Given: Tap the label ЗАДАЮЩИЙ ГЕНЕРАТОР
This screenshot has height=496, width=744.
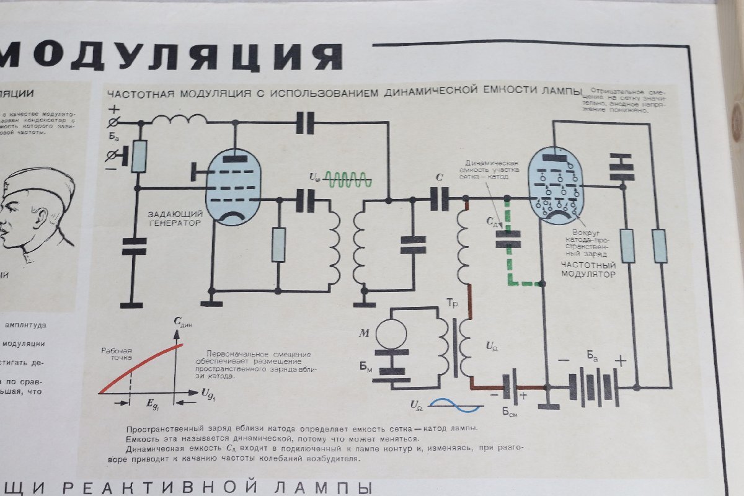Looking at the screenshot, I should [175, 218].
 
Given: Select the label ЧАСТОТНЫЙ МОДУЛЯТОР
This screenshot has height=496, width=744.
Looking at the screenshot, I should [588, 269].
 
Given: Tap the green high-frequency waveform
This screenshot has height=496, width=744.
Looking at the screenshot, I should [349, 180].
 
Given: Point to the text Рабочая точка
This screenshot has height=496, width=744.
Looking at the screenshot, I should [117, 354].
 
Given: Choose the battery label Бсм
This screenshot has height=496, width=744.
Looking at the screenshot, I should [509, 414].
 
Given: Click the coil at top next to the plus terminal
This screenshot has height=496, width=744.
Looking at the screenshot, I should [180, 119].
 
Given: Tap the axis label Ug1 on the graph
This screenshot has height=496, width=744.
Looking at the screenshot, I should [208, 392].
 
